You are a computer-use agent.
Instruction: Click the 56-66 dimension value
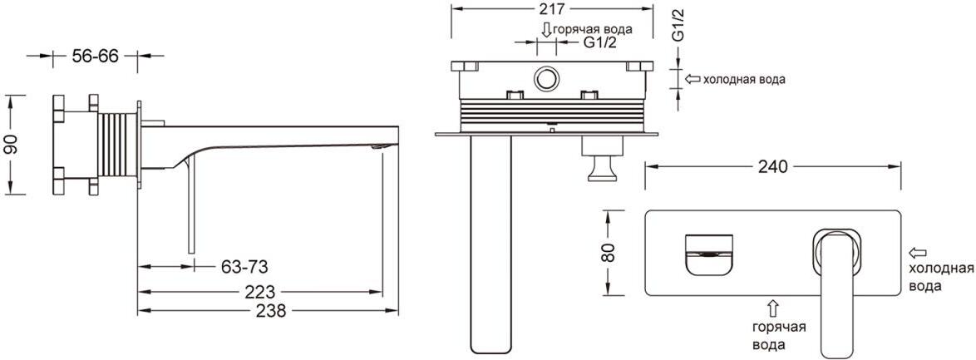click(x=96, y=56)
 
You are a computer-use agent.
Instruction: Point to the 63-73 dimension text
click(x=244, y=267)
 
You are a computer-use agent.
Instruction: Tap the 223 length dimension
click(x=261, y=291)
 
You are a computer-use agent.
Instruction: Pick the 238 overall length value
click(x=270, y=310)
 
